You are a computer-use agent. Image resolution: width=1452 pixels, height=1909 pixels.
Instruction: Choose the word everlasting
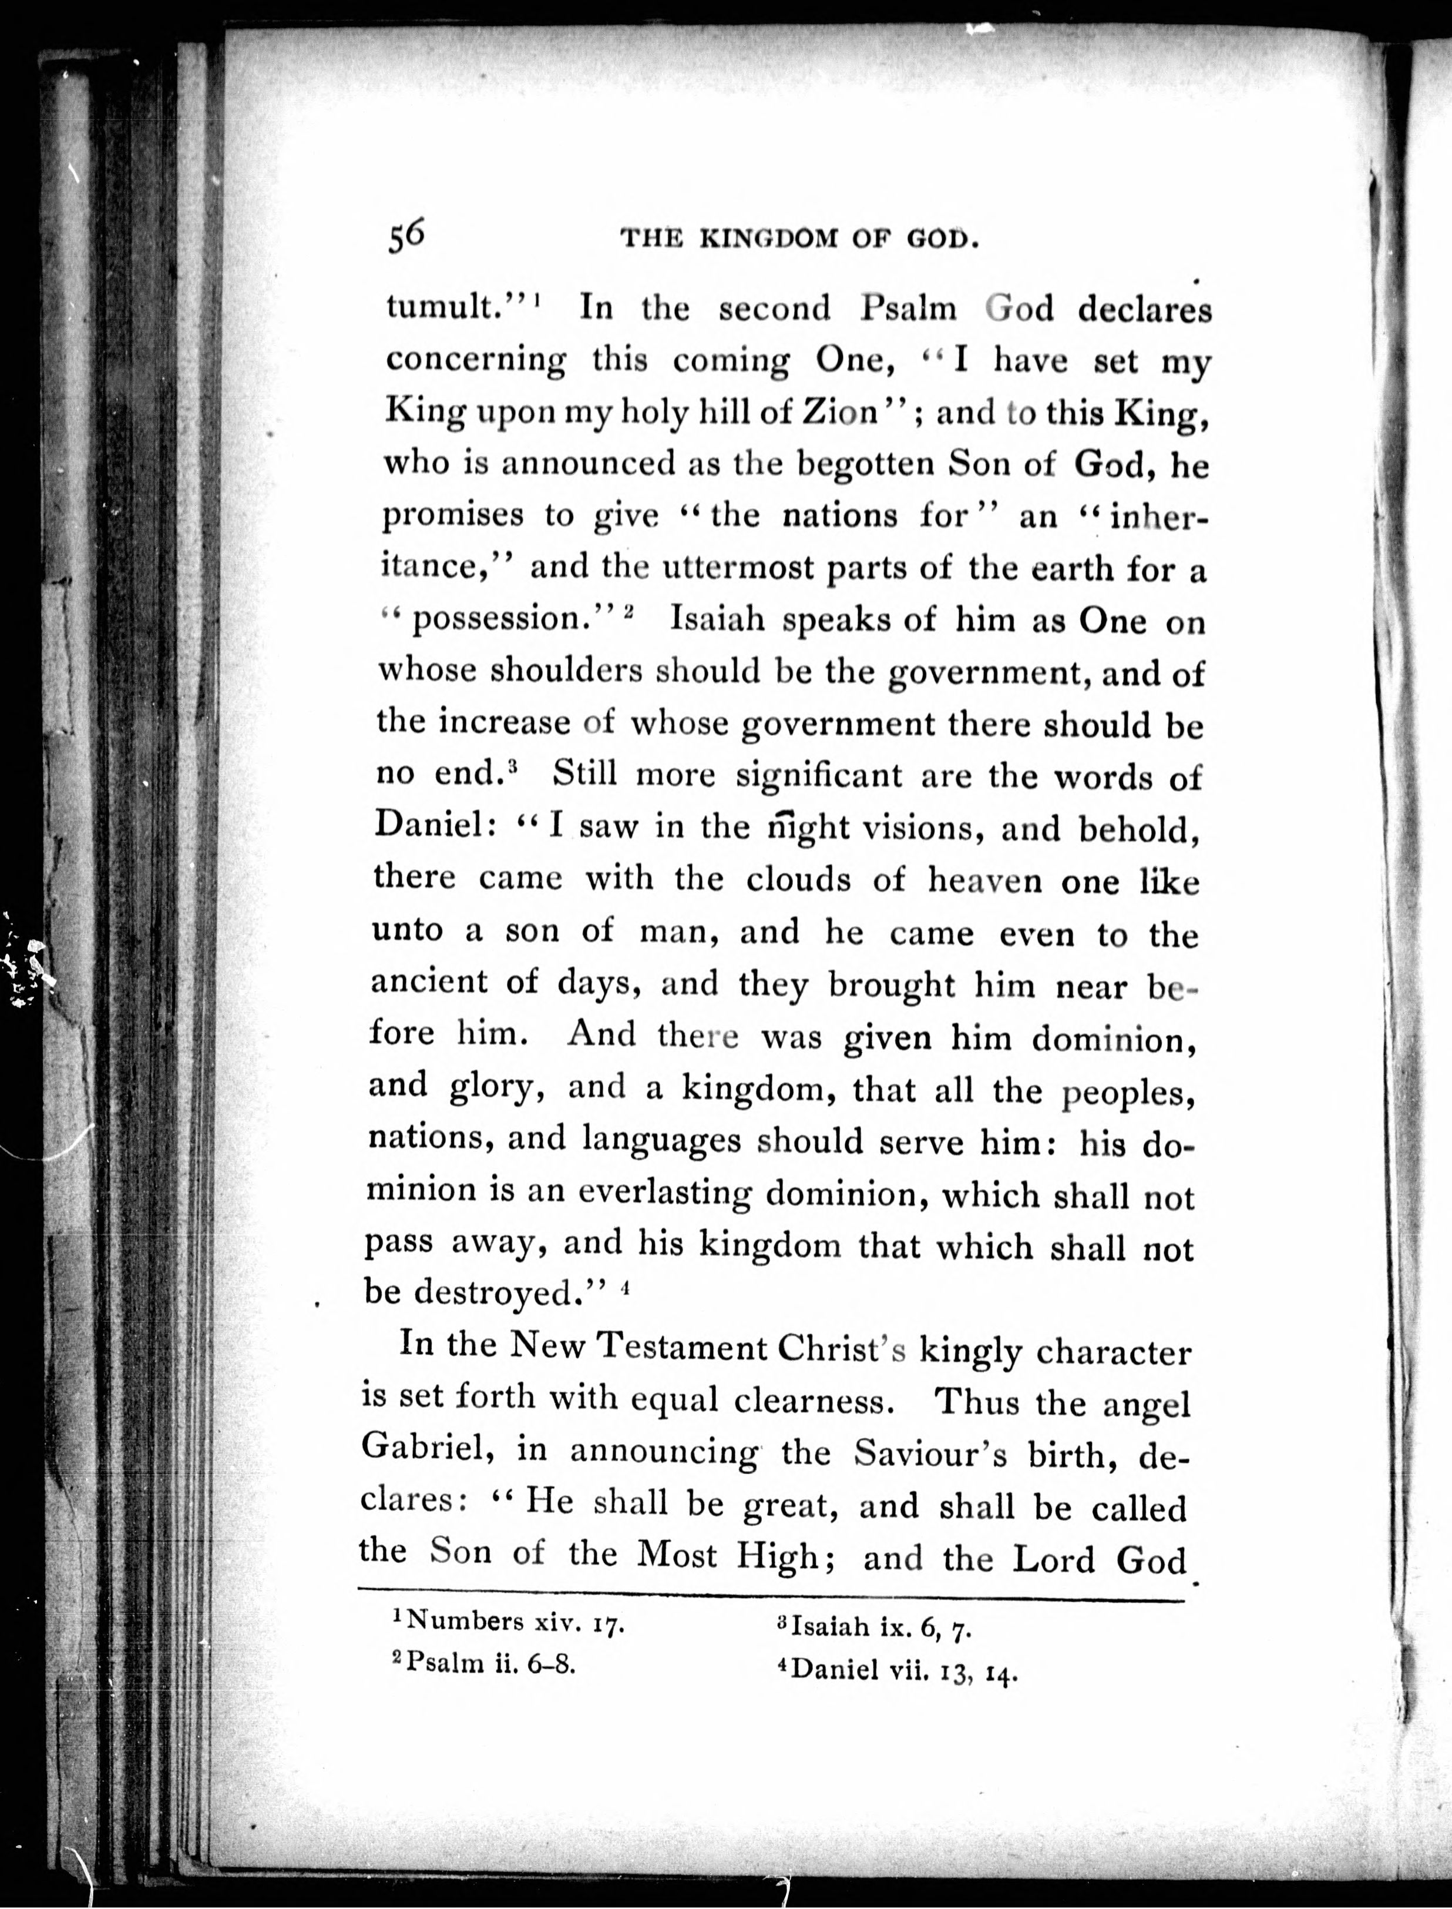click(x=664, y=1193)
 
